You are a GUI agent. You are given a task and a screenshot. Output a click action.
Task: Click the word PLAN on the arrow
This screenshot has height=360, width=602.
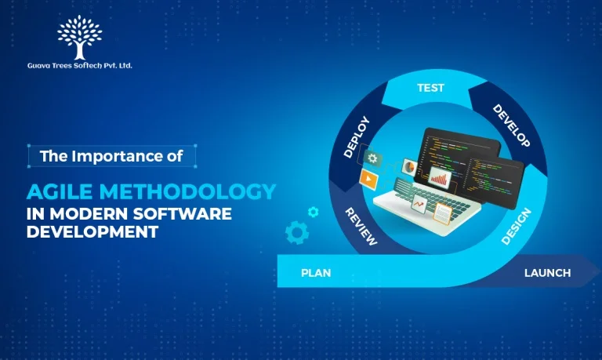[316, 273]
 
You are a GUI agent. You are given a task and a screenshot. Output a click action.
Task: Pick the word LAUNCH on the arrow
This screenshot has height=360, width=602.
[547, 273]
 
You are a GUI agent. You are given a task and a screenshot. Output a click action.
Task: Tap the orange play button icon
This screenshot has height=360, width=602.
[366, 178]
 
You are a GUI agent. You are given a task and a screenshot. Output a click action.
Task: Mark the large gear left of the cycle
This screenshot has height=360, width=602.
[296, 232]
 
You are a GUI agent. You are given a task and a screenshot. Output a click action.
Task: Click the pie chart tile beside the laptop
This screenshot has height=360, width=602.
[409, 165]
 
